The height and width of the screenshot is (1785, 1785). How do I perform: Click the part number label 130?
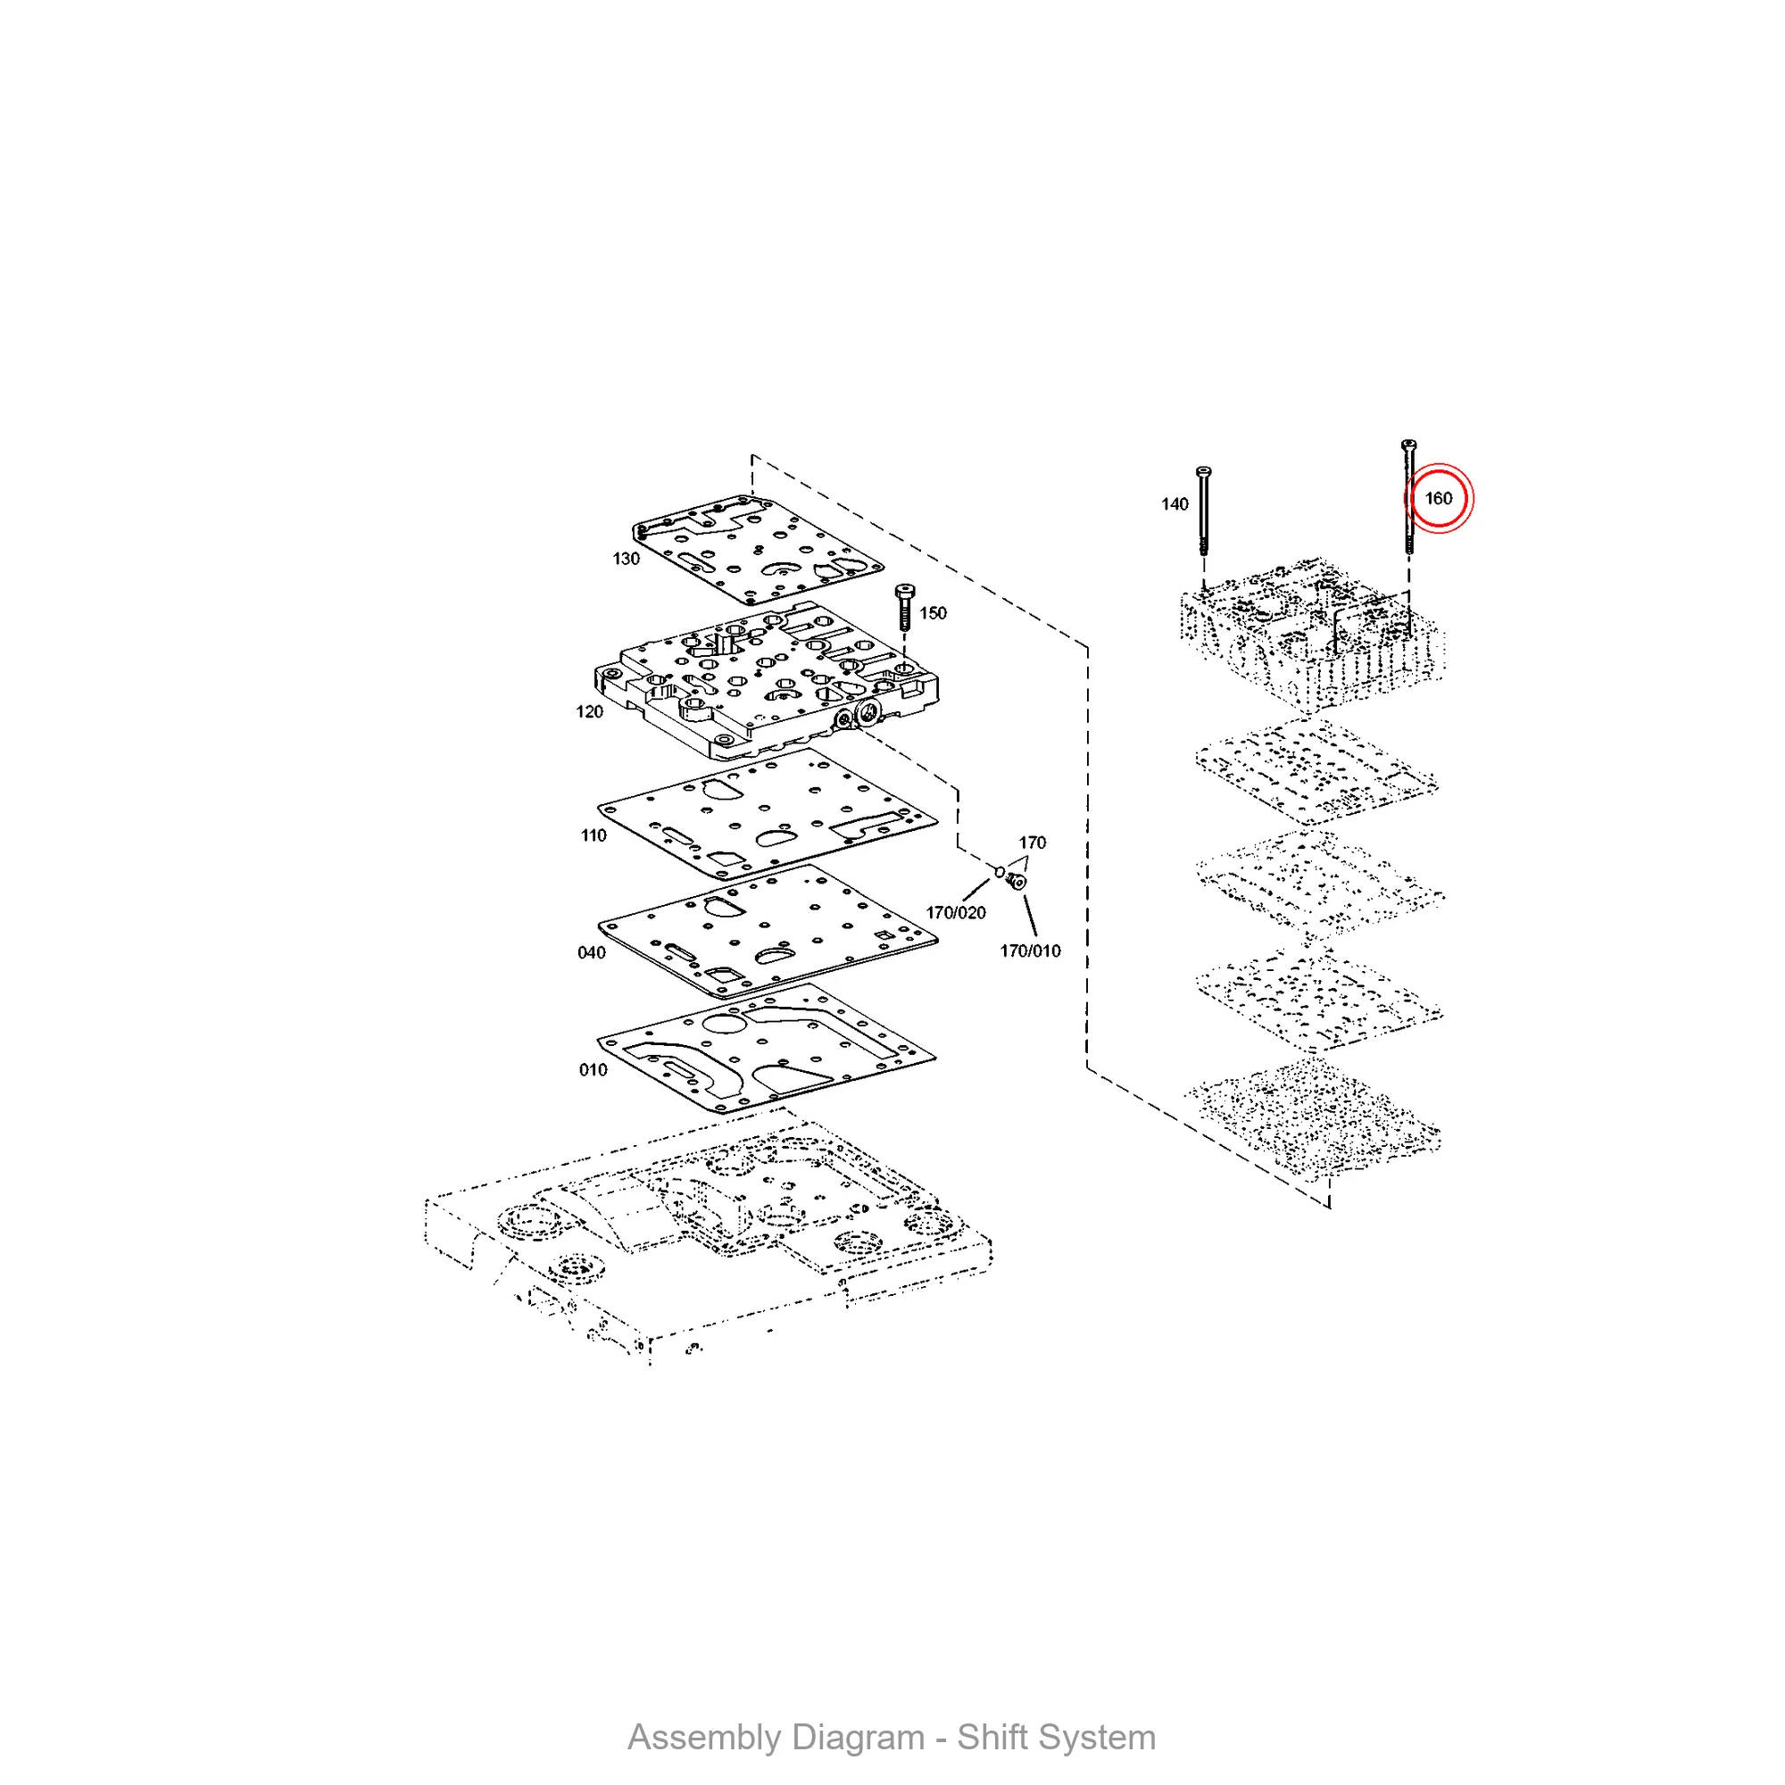626,559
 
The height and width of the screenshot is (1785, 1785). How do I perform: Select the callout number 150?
933,613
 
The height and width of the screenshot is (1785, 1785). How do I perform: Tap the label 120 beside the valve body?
588,711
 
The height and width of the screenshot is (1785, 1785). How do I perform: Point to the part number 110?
594,835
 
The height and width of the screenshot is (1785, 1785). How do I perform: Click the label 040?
592,952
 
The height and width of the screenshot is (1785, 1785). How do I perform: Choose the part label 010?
594,1070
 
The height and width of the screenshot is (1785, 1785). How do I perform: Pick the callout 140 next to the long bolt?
1175,504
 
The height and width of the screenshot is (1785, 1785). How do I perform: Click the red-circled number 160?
1439,499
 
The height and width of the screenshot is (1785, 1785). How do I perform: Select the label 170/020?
955,913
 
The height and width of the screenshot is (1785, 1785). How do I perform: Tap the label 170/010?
1030,951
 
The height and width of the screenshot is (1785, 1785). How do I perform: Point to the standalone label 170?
1032,843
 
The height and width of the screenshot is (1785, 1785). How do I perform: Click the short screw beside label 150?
904,606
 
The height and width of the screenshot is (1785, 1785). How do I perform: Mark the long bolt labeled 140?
1203,511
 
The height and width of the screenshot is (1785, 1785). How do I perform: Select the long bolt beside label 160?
1408,496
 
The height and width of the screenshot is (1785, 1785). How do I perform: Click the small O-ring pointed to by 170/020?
1000,871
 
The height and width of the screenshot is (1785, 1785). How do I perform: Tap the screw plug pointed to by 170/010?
1017,881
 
